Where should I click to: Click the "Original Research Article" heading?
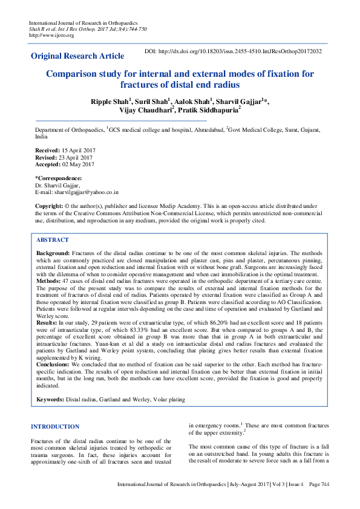[x=77, y=56]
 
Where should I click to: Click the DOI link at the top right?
[x=233, y=51]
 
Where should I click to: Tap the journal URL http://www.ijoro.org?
[x=51, y=35]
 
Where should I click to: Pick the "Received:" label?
[x=48, y=149]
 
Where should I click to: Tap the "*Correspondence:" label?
[x=58, y=178]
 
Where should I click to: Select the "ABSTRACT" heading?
[x=53, y=240]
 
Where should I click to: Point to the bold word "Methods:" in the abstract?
[x=48, y=281]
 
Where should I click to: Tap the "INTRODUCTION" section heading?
[x=55, y=427]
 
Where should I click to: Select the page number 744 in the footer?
[x=326, y=484]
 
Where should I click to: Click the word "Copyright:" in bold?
[x=49, y=206]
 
